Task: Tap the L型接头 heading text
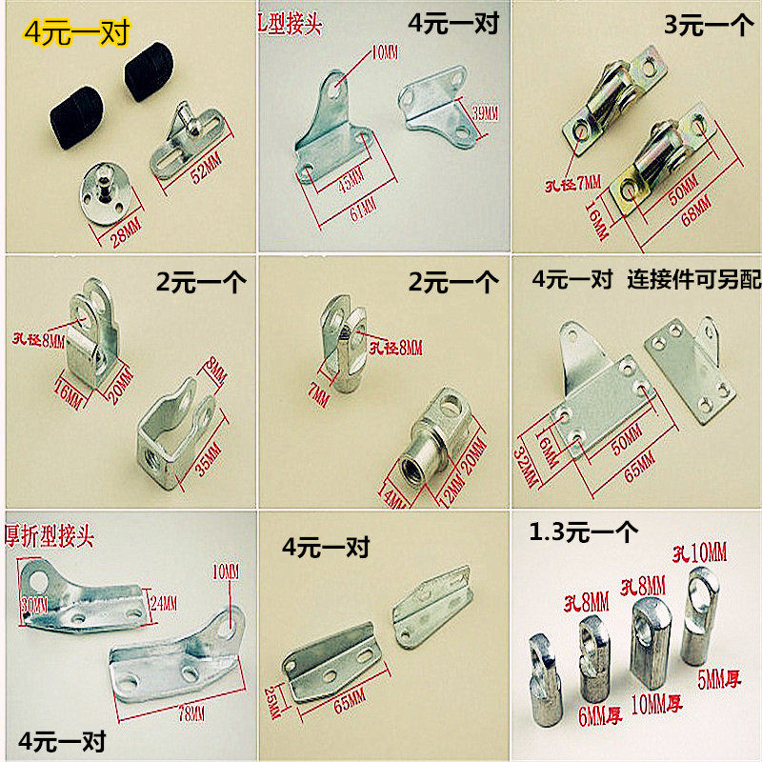[298, 21]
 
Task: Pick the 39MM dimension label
[484, 114]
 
